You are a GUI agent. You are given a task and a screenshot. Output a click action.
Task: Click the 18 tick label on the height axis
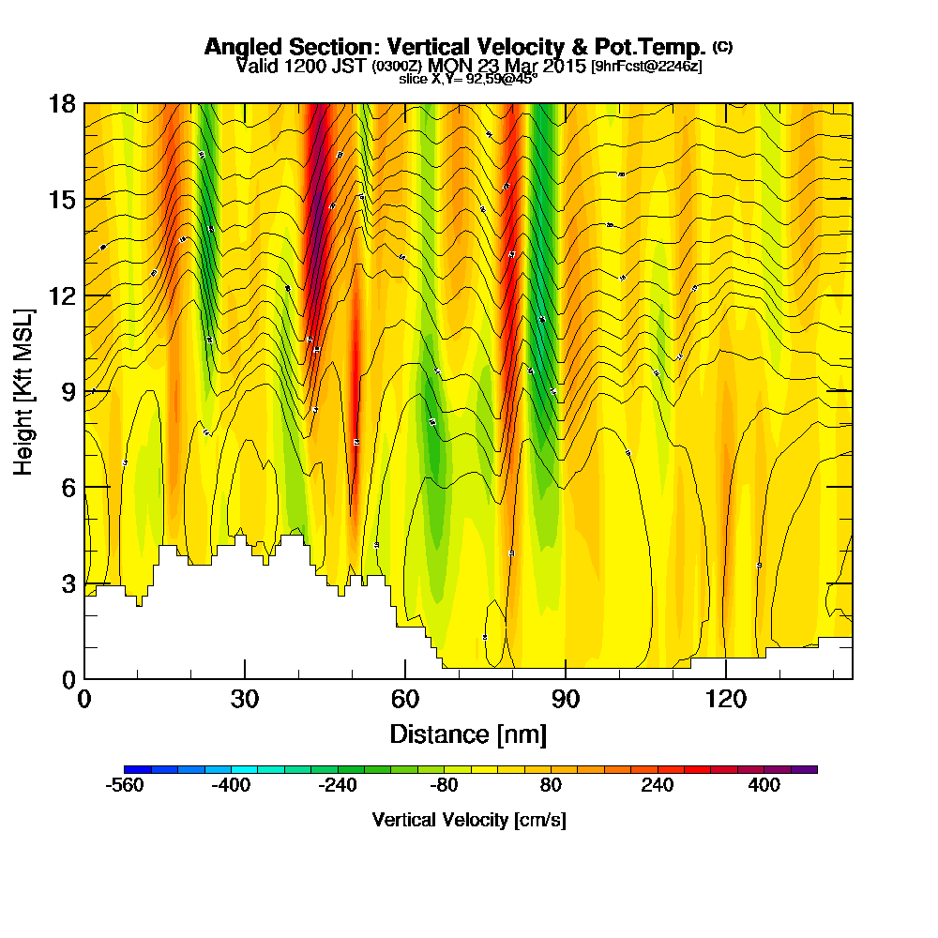[62, 103]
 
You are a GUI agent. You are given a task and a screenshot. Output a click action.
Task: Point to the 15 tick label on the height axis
[62, 200]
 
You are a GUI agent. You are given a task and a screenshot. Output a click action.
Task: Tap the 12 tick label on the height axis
[62, 295]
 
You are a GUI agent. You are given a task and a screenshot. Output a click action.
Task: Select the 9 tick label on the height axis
[68, 392]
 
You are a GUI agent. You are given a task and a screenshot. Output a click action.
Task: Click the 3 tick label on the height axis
[68, 583]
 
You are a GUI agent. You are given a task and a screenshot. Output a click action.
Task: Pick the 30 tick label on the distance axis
[244, 699]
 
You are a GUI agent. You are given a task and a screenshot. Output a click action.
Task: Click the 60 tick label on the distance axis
[404, 699]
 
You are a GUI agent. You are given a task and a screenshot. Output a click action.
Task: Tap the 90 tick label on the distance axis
[565, 699]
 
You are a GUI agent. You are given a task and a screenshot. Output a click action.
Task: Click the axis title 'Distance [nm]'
[468, 733]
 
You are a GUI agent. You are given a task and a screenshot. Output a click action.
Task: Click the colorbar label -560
[126, 786]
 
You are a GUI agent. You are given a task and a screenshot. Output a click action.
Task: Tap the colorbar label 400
[764, 786]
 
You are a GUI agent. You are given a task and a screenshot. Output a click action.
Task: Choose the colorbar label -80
[446, 786]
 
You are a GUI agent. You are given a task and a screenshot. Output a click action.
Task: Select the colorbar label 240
[658, 786]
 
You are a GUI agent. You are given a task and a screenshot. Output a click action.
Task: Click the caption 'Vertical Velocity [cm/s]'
[468, 820]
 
